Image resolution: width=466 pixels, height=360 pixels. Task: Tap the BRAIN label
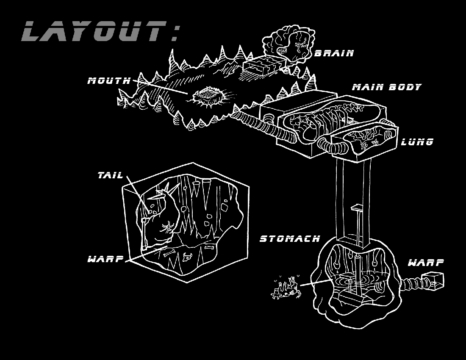[334, 53]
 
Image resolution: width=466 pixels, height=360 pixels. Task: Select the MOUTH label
[109, 80]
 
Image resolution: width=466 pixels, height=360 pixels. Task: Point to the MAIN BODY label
[387, 87]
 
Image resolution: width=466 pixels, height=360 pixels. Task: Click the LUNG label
[417, 142]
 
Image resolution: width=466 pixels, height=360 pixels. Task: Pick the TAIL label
[110, 175]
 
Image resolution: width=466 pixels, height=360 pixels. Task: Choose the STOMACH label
[290, 238]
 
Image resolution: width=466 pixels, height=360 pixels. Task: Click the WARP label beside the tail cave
[105, 259]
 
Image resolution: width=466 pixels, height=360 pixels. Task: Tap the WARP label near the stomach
[426, 263]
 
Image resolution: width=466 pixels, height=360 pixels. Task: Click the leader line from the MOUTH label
[160, 87]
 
